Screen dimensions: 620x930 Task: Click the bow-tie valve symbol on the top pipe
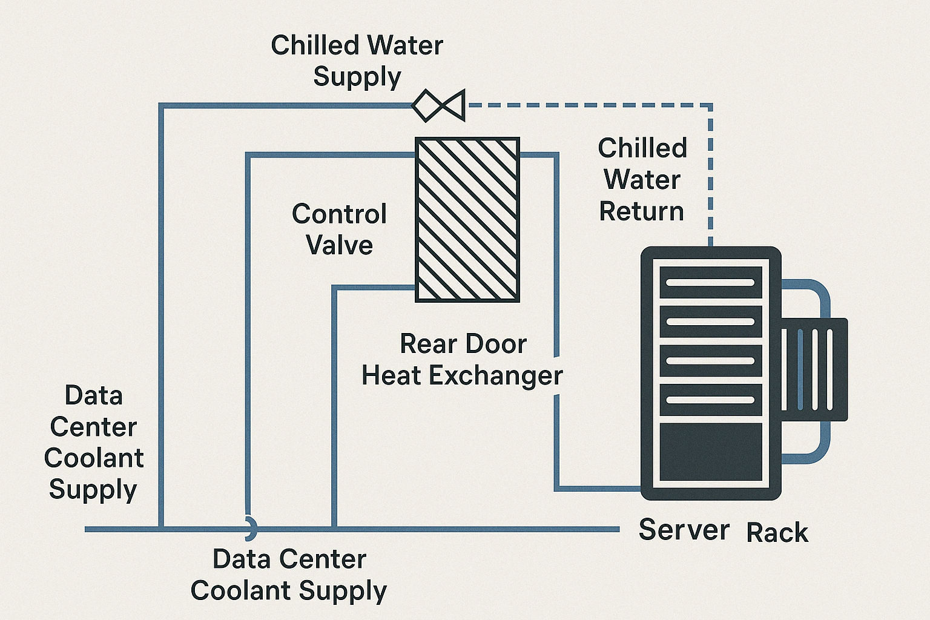(438, 105)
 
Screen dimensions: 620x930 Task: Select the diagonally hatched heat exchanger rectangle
(467, 219)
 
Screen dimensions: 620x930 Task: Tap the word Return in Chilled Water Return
(641, 211)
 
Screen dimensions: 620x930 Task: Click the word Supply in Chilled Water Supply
(357, 77)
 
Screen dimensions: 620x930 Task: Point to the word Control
(339, 214)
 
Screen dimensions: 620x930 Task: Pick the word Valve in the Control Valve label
(339, 245)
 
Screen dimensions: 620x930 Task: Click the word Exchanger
(496, 376)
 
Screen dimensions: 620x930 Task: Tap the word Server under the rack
(684, 530)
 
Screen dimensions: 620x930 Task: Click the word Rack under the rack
(777, 533)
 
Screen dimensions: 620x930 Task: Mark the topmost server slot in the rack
(710, 283)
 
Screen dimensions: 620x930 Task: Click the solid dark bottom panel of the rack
(710, 452)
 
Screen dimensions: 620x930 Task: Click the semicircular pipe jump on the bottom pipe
(250, 528)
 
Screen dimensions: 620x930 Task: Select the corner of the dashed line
(710, 106)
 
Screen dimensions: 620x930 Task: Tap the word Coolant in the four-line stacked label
(94, 458)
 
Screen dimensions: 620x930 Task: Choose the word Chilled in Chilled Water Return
(642, 148)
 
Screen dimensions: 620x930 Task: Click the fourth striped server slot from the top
(710, 400)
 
